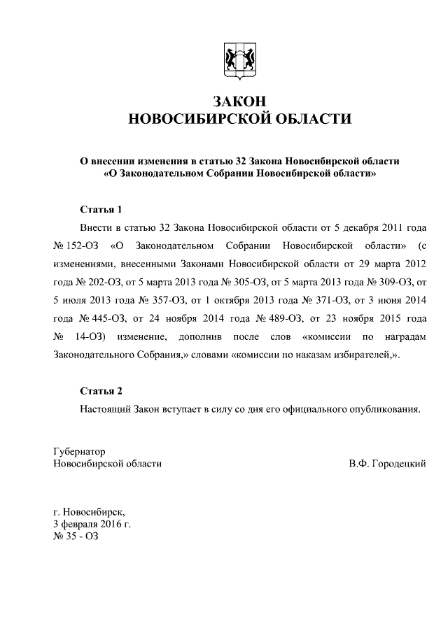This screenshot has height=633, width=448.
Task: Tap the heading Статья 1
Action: coord(101,210)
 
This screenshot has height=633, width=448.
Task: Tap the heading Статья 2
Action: coord(101,390)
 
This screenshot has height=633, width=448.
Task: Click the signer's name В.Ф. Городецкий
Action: coord(387,464)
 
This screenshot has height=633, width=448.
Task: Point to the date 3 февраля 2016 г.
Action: coord(92,523)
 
